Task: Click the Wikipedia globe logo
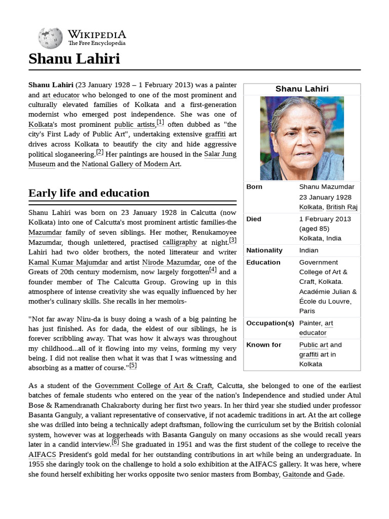click(50, 37)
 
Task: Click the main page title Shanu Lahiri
click(74, 59)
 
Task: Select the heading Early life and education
click(89, 193)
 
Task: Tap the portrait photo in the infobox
click(302, 138)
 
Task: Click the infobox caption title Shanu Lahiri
click(302, 89)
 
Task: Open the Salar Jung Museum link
click(220, 154)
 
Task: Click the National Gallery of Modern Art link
click(131, 164)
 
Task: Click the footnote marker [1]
click(160, 122)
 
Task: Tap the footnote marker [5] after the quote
click(133, 365)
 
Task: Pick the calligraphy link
click(180, 242)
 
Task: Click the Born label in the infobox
click(254, 187)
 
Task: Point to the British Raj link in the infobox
click(341, 207)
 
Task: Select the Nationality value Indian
click(308, 250)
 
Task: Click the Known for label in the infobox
click(263, 345)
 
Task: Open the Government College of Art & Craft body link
click(153, 386)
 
